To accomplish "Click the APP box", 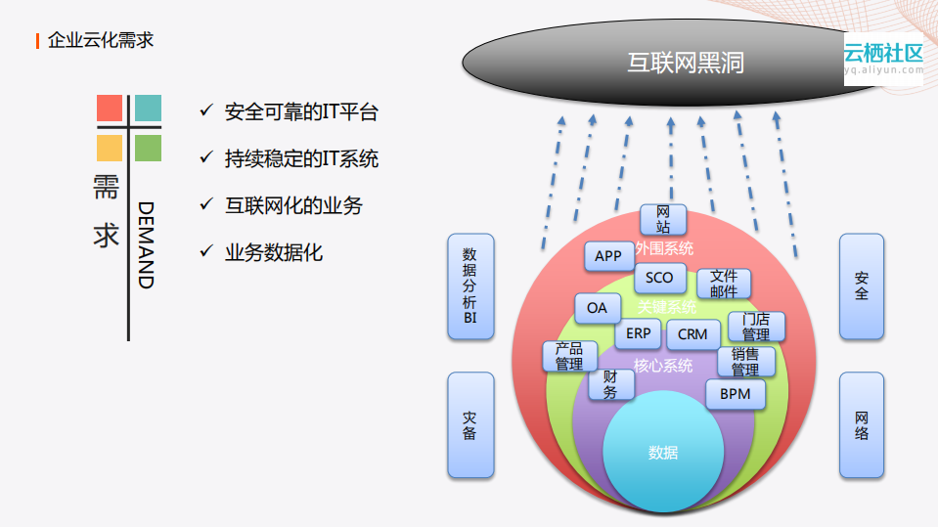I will pos(608,256).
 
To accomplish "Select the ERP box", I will pos(638,333).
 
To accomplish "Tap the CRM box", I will pos(692,334).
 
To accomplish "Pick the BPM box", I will pos(735,394).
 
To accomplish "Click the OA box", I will pos(597,308).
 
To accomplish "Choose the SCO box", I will pos(659,278).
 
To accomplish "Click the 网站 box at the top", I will pos(663,220).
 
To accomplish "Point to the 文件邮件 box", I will pos(724,284).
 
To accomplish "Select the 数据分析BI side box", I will pos(469,285).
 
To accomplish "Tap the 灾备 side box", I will pos(469,425).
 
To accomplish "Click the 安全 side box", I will pos(861,285).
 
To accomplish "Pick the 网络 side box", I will pos(861,425).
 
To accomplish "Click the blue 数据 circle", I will pos(662,453).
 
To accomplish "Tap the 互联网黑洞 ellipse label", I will pos(686,63).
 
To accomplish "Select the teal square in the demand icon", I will pos(148,108).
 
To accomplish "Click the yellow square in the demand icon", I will pos(110,148).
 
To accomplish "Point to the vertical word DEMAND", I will pos(146,244).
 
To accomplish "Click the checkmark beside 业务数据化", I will pos(205,251).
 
